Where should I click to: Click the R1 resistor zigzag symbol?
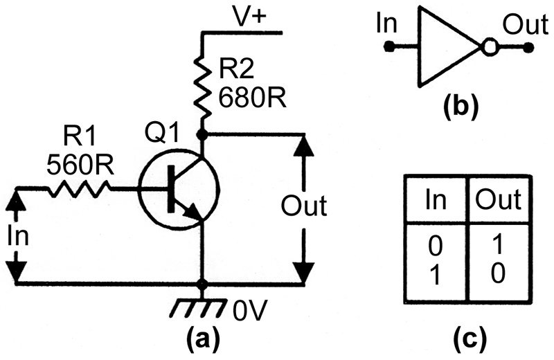pyautogui.click(x=79, y=189)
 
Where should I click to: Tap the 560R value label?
pyautogui.click(x=80, y=165)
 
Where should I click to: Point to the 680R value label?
pyautogui.click(x=252, y=97)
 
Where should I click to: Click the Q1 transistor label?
pyautogui.click(x=162, y=134)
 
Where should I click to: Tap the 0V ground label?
pyautogui.click(x=248, y=311)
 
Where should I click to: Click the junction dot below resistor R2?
pyautogui.click(x=202, y=134)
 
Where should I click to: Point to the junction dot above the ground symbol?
pyautogui.click(x=202, y=284)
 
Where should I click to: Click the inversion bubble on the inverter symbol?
pyautogui.click(x=490, y=46)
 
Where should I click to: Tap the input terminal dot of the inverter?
pyautogui.click(x=389, y=46)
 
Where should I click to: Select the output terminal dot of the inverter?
pyautogui.click(x=528, y=47)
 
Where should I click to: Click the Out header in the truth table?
pyautogui.click(x=498, y=199)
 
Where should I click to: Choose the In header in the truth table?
pyautogui.click(x=436, y=199)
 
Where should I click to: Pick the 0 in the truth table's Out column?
pyautogui.click(x=498, y=273)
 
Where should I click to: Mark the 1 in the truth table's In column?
pyautogui.click(x=435, y=274)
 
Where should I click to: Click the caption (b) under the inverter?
pyautogui.click(x=459, y=106)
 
